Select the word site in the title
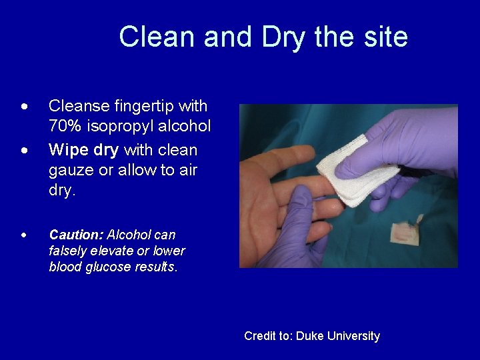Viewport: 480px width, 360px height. tap(383, 37)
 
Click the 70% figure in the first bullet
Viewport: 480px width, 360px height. tap(65, 126)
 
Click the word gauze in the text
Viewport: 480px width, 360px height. tap(71, 170)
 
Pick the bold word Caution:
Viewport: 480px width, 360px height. tap(77, 235)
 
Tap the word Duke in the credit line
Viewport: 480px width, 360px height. tap(310, 336)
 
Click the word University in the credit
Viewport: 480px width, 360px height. tap(354, 336)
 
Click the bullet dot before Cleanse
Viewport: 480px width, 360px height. tap(25, 107)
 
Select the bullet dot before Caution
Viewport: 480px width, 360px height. tap(25, 235)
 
